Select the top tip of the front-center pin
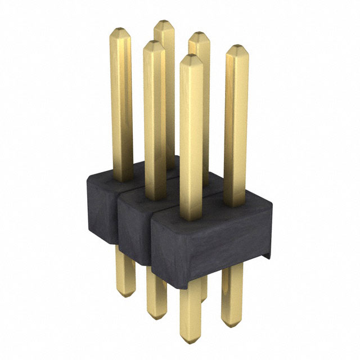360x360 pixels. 191,56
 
